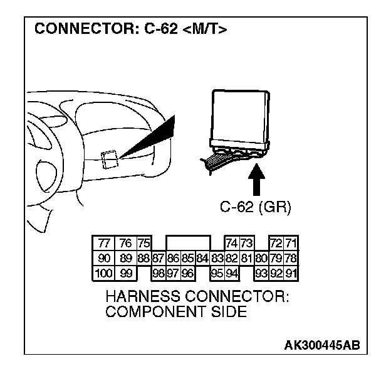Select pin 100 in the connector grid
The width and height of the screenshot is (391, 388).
click(103, 273)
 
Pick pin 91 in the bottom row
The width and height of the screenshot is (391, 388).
click(291, 273)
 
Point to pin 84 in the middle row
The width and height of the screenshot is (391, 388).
click(202, 258)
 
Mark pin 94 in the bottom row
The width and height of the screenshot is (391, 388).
click(232, 273)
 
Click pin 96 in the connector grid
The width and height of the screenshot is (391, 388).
click(187, 273)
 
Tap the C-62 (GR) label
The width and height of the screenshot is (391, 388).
click(255, 207)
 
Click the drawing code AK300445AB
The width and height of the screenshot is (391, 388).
click(322, 345)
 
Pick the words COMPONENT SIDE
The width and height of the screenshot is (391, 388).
click(176, 311)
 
